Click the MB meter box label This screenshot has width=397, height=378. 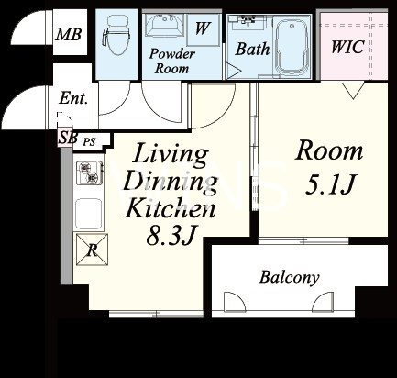(x=69, y=34)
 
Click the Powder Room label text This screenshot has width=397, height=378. (x=171, y=61)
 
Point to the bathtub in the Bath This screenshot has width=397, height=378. (x=291, y=45)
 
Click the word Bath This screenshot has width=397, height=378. (x=252, y=49)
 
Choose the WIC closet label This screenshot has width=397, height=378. (x=347, y=47)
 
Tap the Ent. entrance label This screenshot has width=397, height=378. (x=73, y=98)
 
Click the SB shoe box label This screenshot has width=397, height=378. (x=68, y=138)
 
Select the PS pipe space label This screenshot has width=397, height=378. (x=90, y=141)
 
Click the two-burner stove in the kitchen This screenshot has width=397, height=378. (x=89, y=172)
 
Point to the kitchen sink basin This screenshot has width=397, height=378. (x=89, y=214)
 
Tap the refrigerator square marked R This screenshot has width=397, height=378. (x=92, y=250)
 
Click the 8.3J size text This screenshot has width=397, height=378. (x=171, y=236)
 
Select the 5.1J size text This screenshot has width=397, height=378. (x=330, y=184)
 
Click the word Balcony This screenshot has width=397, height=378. (x=289, y=277)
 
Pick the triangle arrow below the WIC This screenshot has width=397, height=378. (x=353, y=91)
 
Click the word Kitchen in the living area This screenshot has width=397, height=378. (x=171, y=208)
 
